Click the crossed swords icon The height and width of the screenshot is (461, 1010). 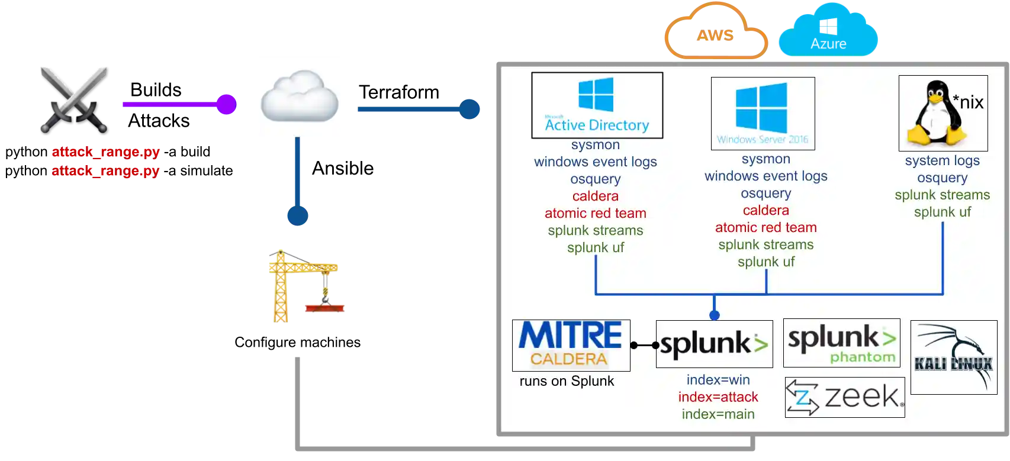pyautogui.click(x=73, y=97)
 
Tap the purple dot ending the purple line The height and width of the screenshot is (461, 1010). pyautogui.click(x=226, y=104)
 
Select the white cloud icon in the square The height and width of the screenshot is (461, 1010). pyautogui.click(x=298, y=95)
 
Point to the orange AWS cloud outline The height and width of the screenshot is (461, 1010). pyautogui.click(x=716, y=33)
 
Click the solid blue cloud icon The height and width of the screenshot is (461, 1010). pyautogui.click(x=828, y=31)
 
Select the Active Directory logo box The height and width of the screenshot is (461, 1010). pyautogui.click(x=597, y=105)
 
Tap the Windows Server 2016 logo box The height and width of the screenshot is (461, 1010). pyautogui.click(x=763, y=114)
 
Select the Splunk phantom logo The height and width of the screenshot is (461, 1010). pyautogui.click(x=841, y=343)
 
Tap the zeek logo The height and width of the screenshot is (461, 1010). pyautogui.click(x=845, y=397)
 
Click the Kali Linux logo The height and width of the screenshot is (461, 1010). pyautogui.click(x=953, y=357)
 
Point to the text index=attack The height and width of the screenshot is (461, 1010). pyautogui.click(x=718, y=397)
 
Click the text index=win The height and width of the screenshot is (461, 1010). pyautogui.click(x=718, y=380)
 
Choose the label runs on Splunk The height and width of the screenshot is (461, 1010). pyautogui.click(x=567, y=381)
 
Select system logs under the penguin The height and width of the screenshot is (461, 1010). pyautogui.click(x=942, y=160)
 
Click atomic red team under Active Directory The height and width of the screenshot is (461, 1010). pyautogui.click(x=595, y=213)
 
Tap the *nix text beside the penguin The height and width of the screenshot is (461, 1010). pyautogui.click(x=968, y=102)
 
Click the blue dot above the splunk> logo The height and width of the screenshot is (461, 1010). pyautogui.click(x=715, y=315)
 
